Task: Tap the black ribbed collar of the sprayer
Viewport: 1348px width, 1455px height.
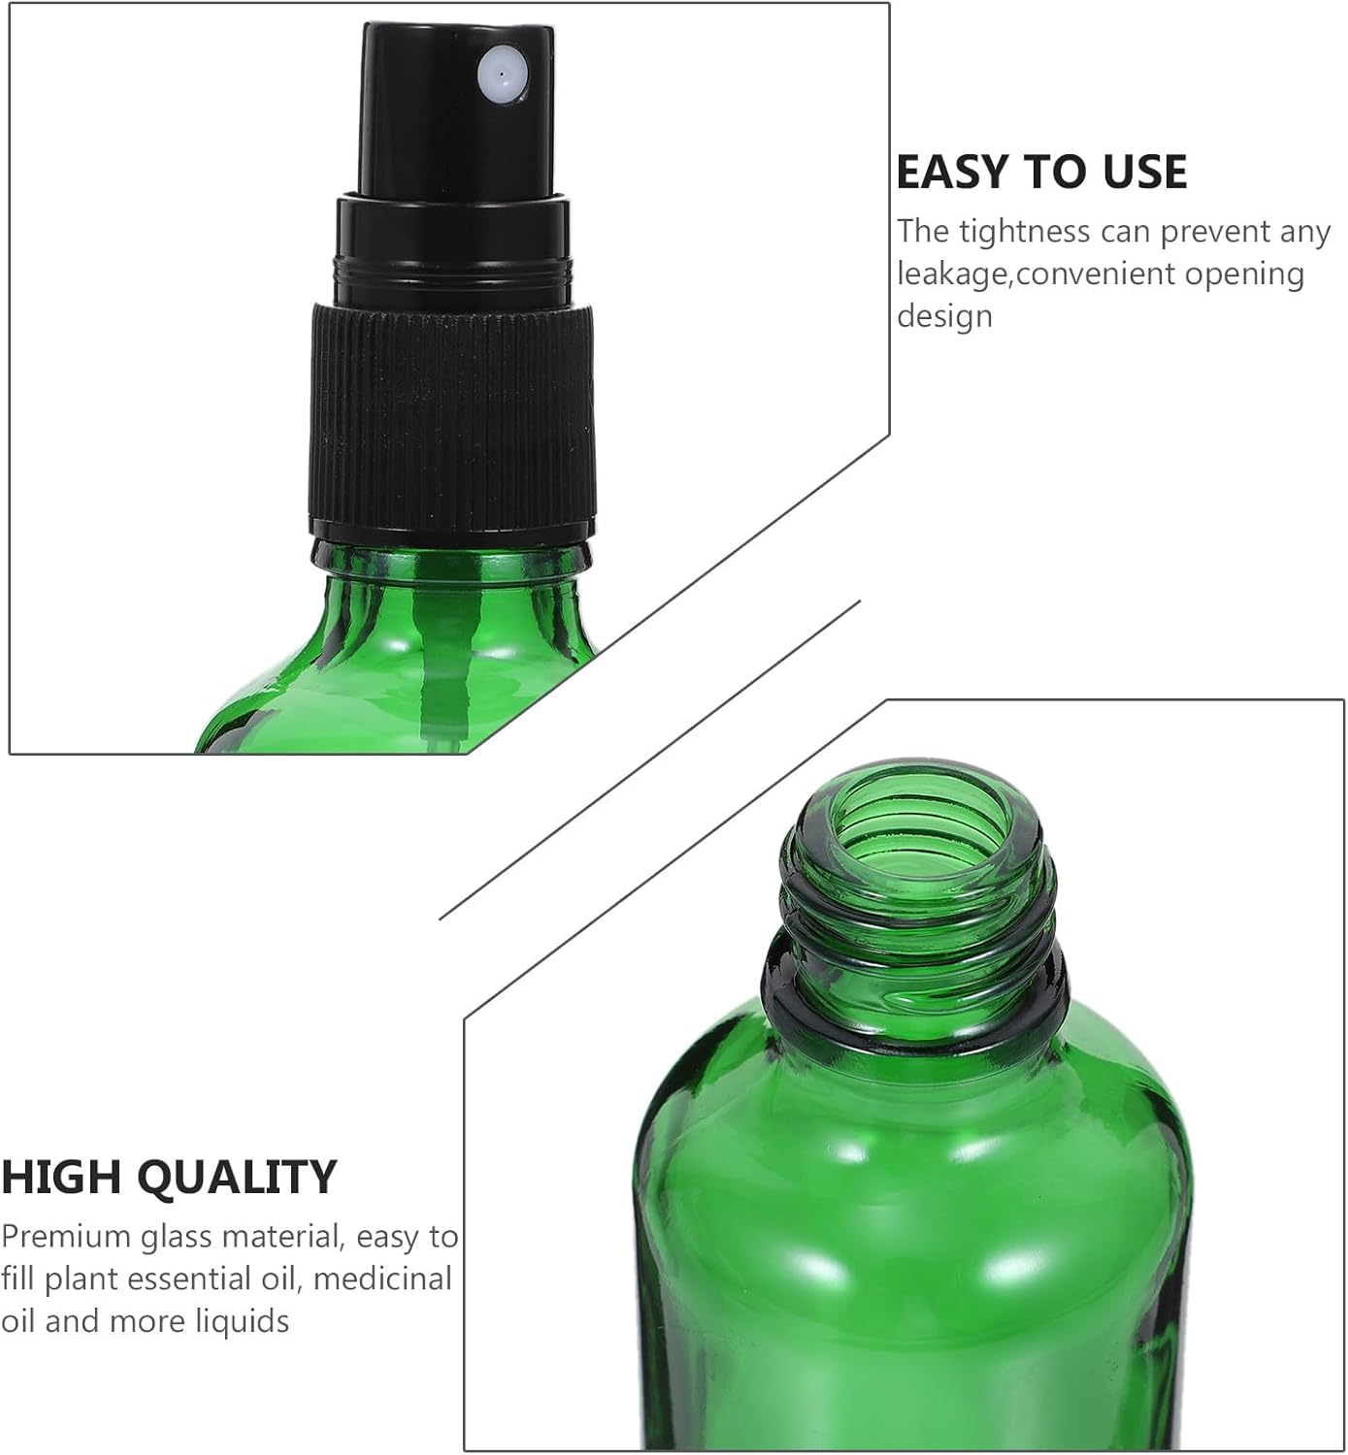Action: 452,417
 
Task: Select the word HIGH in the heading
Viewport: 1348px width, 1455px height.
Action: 60,1178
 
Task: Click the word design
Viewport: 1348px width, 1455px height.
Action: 944,316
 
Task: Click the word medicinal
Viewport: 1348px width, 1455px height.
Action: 382,1279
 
